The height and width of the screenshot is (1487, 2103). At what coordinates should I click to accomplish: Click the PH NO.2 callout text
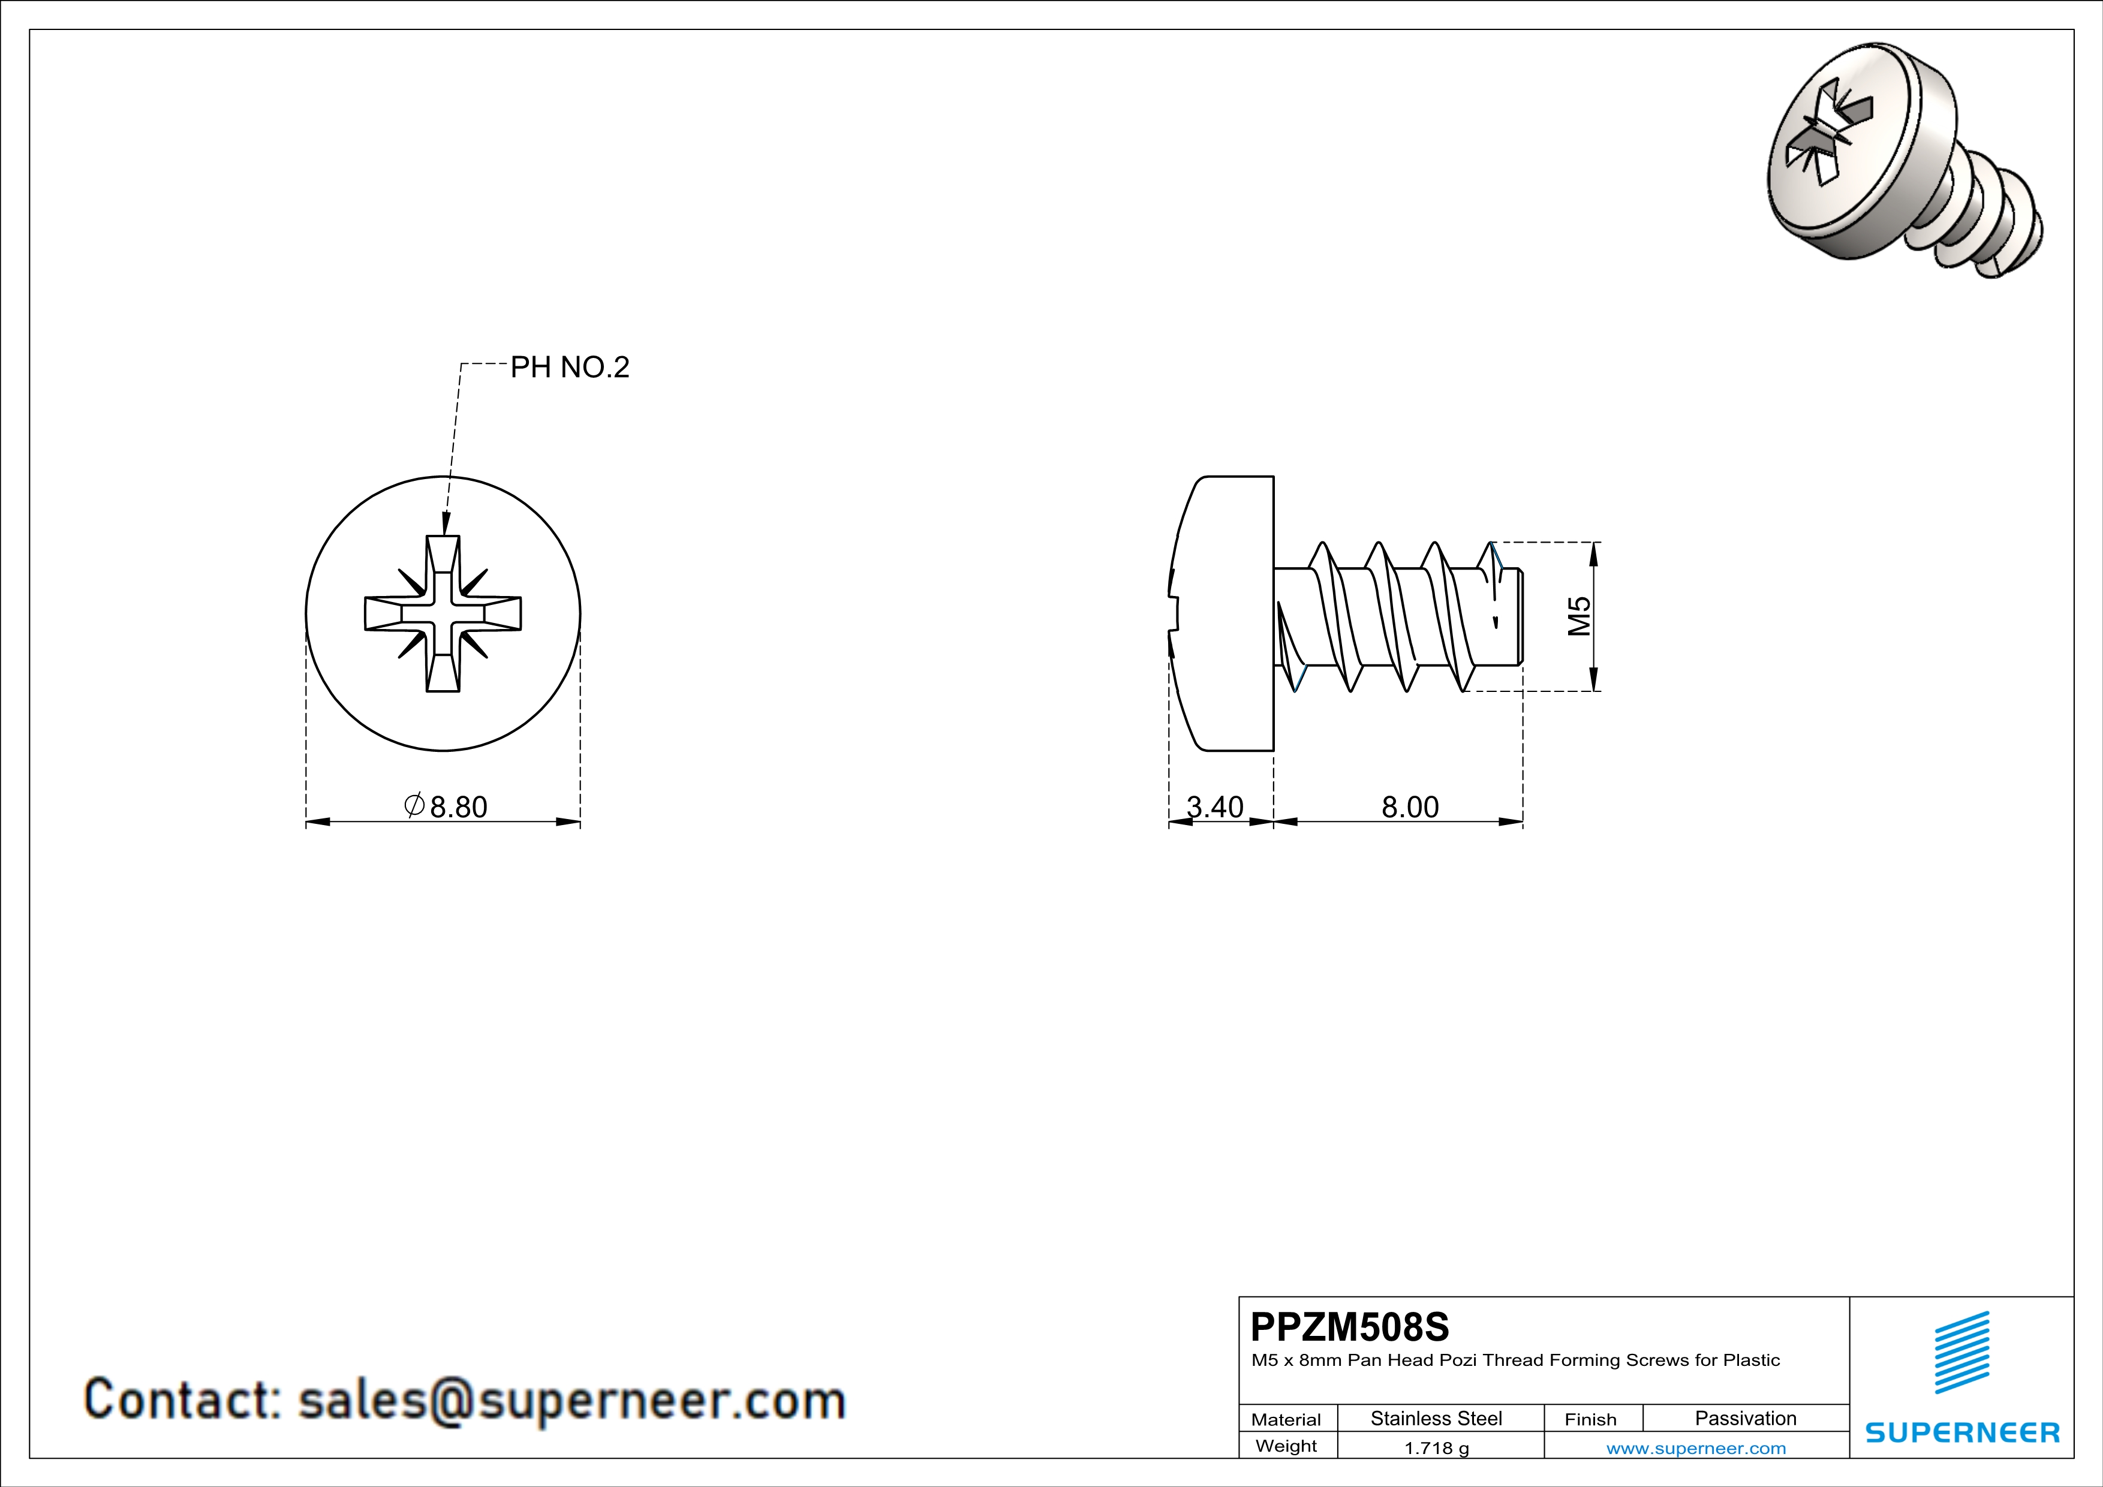pos(569,367)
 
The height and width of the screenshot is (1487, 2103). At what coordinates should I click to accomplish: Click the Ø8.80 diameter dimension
pos(447,806)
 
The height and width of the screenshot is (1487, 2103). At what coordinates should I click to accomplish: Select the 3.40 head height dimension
pos(1214,806)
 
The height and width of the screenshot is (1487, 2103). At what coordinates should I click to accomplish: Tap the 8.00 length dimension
pos(1410,806)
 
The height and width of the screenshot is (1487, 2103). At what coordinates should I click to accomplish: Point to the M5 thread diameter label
pos(1579,615)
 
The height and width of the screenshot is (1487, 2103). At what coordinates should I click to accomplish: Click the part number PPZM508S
pos(1349,1327)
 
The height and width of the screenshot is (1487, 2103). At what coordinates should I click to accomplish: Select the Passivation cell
pos(1745,1418)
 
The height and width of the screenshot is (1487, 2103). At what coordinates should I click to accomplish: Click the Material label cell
pos(1286,1419)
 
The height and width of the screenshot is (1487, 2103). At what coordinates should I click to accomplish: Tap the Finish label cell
pos(1590,1419)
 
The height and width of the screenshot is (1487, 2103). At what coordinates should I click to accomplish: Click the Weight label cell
pos(1286,1446)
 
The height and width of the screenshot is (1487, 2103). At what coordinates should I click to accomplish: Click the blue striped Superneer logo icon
pos(1961,1353)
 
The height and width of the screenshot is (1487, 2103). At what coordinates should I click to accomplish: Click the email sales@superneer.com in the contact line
pos(571,1400)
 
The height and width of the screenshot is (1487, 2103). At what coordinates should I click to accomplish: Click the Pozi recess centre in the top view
pos(443,613)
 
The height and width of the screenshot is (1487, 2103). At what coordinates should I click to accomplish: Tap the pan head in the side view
pos(1227,613)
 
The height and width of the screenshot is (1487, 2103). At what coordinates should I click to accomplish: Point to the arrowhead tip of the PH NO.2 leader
pos(445,534)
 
